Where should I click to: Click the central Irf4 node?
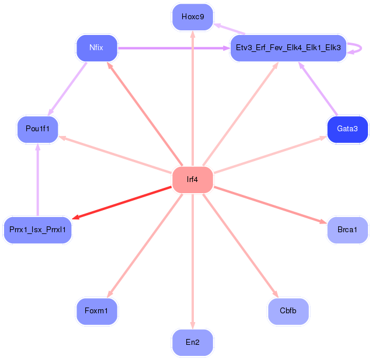192,179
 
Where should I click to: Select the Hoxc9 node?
192,17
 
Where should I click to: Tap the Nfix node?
96,48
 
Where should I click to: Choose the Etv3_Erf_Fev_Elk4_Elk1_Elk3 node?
288,48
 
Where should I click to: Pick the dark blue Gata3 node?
347,128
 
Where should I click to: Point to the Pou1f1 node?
37,128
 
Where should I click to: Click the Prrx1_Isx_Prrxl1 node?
37,230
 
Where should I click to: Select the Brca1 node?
347,230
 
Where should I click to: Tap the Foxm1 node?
96,310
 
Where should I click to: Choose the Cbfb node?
288,310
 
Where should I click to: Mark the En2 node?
192,342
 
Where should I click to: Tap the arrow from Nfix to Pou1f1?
67,88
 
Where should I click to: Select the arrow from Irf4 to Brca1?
269,204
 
